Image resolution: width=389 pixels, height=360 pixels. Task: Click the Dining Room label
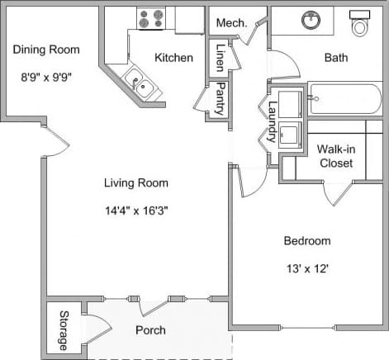pos(46,50)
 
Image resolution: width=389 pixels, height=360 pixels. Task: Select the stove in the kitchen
pos(151,18)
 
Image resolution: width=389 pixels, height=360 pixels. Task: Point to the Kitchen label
pos(173,58)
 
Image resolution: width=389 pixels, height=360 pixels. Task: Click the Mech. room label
pos(231,23)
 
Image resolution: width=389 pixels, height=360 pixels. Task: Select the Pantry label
pos(221,99)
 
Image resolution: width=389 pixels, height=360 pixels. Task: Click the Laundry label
pos(272,121)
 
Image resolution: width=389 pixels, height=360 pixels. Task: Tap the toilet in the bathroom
pos(360,25)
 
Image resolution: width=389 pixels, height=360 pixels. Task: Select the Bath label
pos(336,58)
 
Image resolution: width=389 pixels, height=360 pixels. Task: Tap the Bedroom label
pos(307,241)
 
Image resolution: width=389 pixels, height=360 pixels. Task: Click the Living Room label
pos(136,183)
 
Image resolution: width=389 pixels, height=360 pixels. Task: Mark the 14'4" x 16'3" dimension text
pos(136,210)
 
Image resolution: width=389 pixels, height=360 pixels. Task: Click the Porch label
pos(150,330)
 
